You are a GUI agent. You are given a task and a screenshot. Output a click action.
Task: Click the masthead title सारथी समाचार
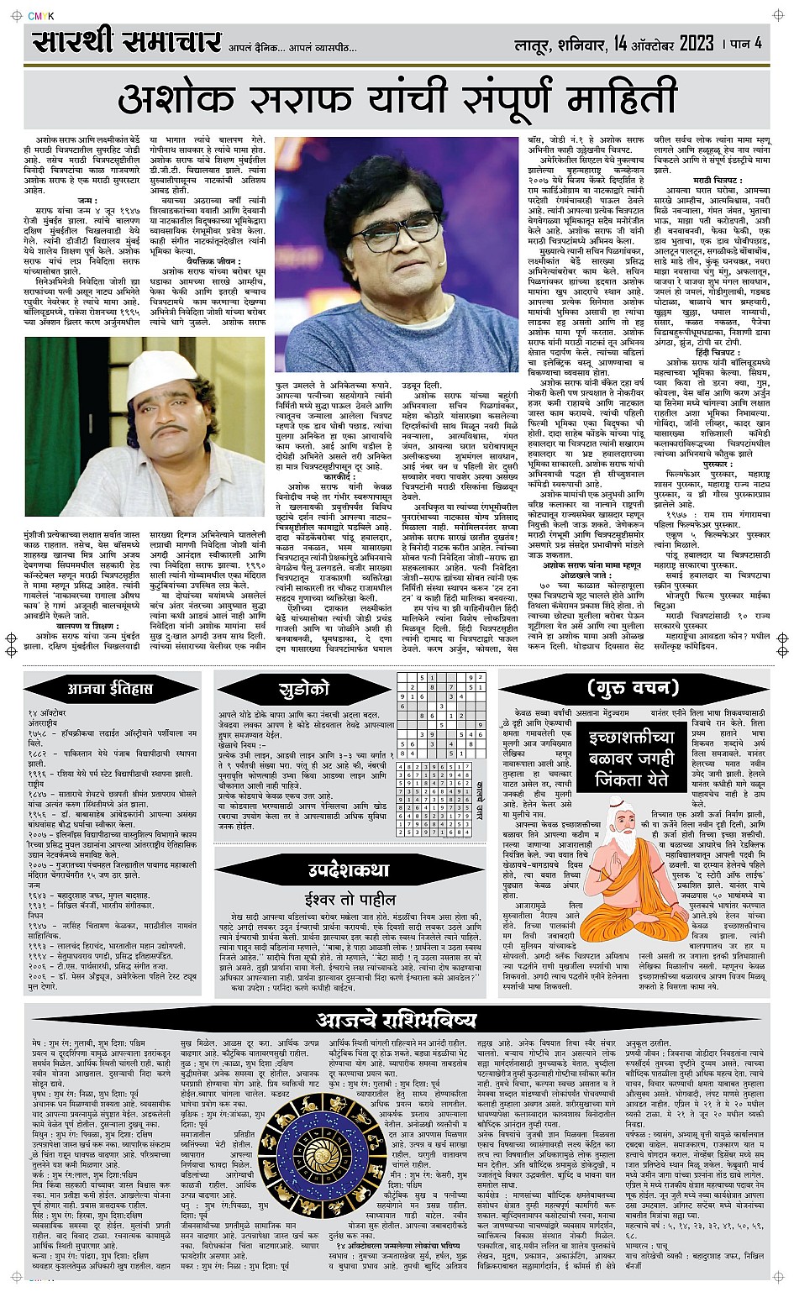[x=127, y=42]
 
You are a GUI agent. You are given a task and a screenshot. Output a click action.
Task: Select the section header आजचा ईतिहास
[x=110, y=688]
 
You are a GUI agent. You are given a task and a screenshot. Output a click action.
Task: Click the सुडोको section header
[x=303, y=690]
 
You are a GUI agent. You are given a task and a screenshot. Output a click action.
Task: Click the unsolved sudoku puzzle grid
[x=442, y=709]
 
